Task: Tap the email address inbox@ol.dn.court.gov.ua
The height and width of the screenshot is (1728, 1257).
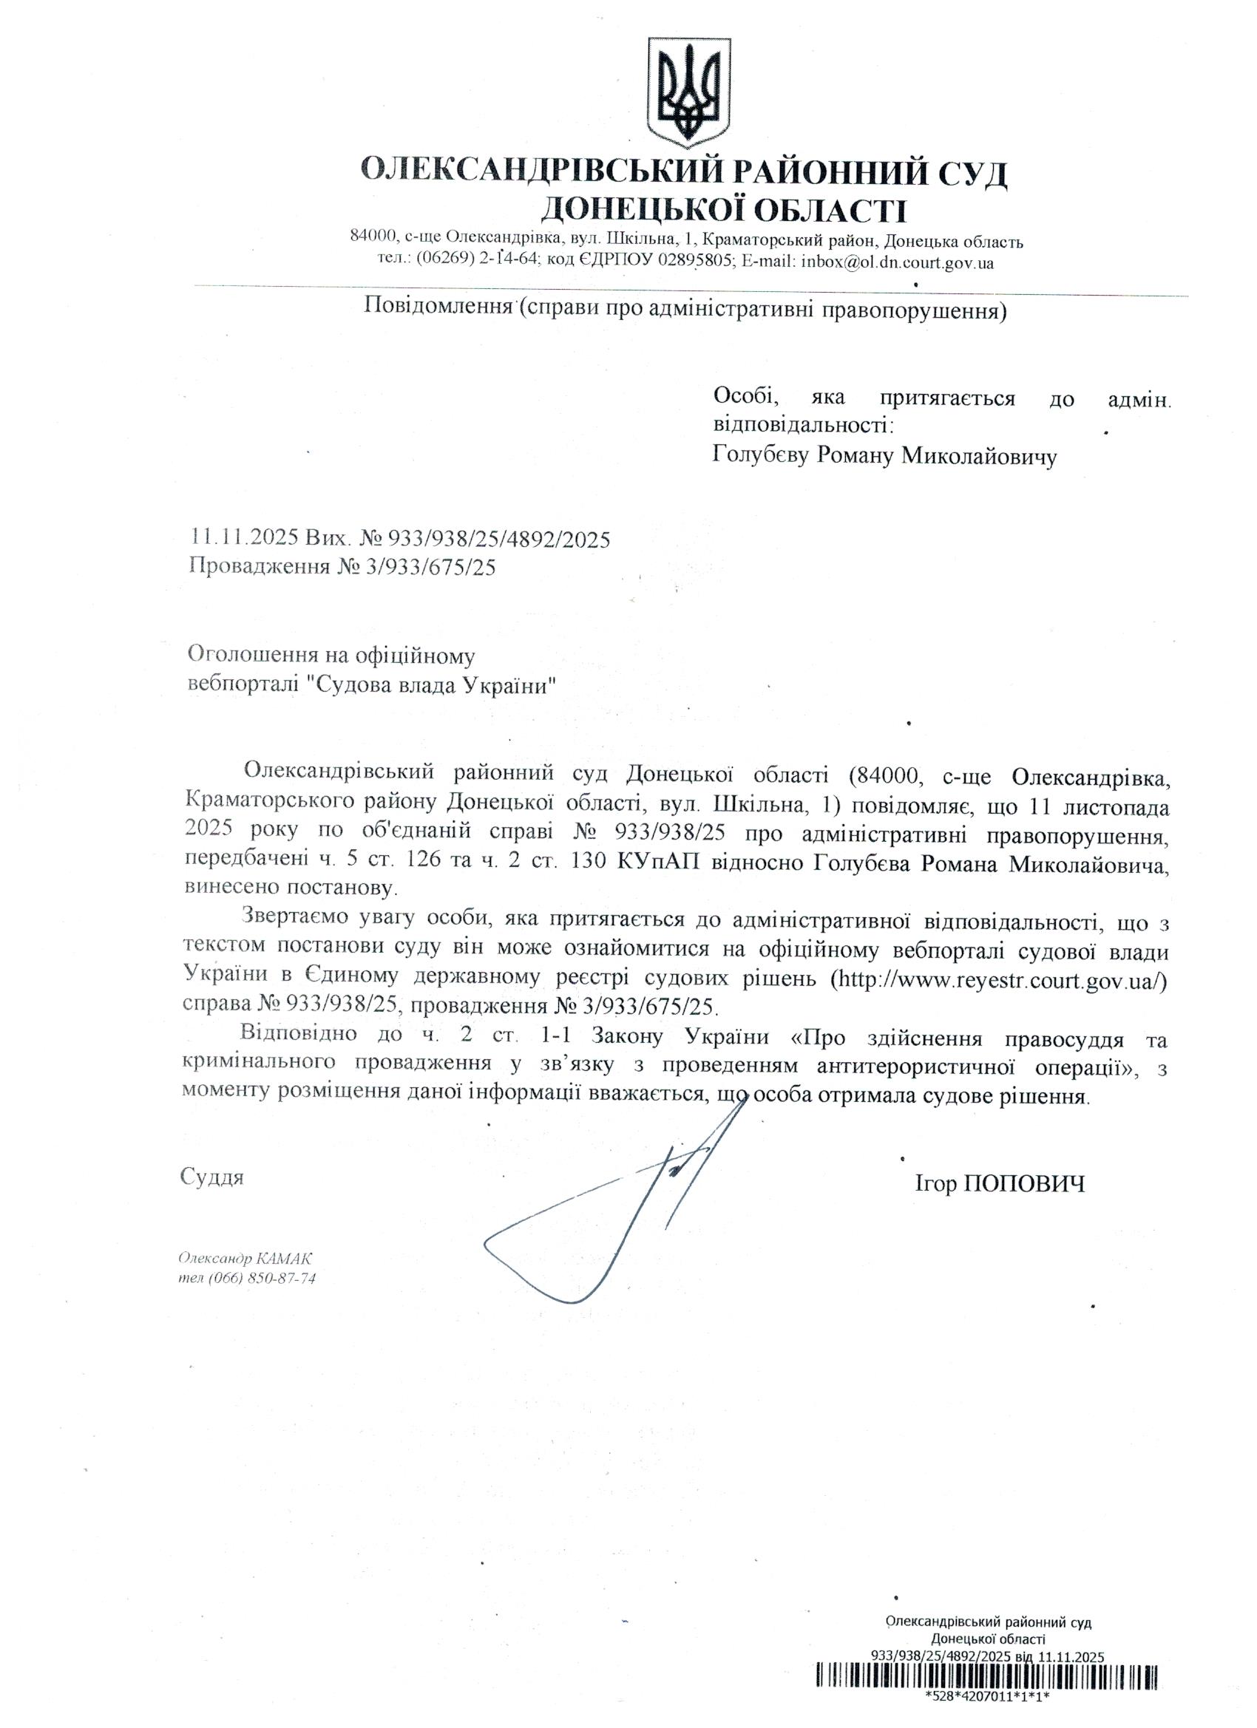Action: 897,262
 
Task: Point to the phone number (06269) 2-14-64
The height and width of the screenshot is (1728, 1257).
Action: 478,262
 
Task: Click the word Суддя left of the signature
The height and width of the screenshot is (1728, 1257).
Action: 212,1177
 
